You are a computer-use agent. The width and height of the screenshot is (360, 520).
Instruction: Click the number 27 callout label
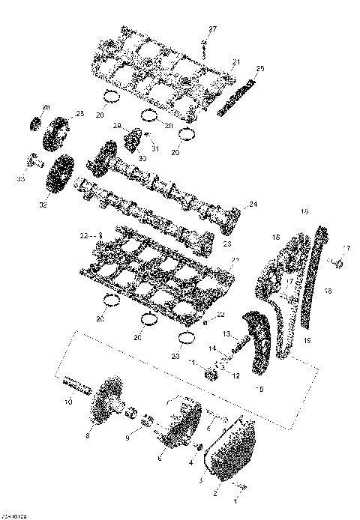pyautogui.click(x=212, y=28)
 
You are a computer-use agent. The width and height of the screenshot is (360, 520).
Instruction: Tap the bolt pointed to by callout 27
pyautogui.click(x=203, y=46)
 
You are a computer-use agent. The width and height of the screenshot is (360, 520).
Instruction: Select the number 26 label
pyautogui.click(x=45, y=106)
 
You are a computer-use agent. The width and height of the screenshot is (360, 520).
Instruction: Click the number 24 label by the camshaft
pyautogui.click(x=253, y=204)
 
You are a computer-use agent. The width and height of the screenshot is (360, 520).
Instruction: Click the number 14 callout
pyautogui.click(x=213, y=349)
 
